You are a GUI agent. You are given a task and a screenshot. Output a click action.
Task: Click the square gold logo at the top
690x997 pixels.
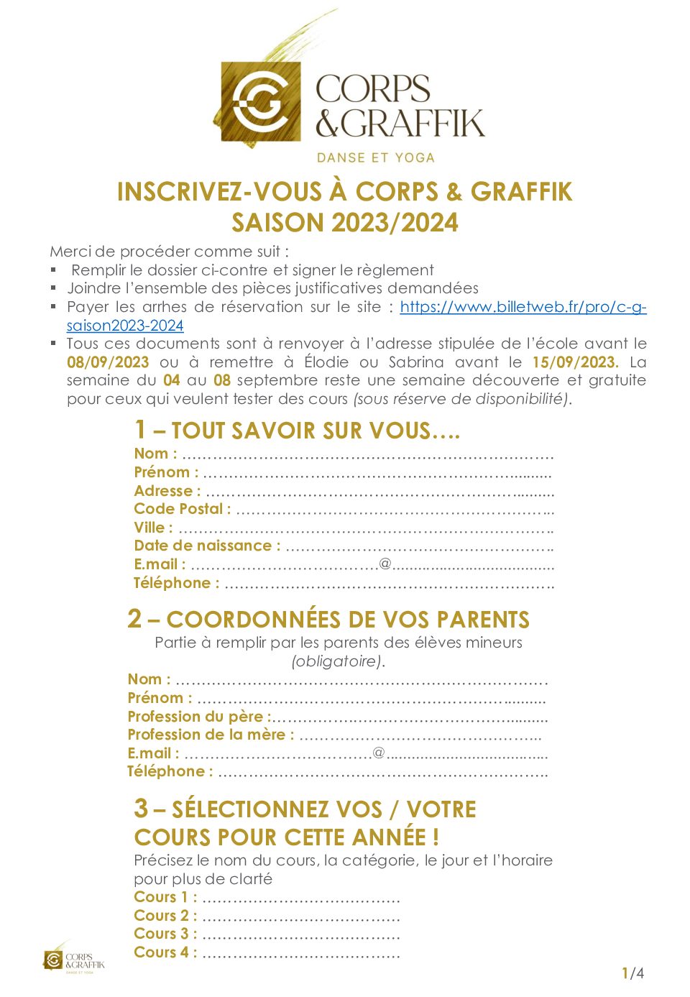click(260, 101)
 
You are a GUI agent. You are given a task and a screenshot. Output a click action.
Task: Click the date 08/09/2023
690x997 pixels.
click(108, 362)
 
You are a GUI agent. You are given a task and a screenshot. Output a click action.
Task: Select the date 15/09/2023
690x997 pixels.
click(574, 362)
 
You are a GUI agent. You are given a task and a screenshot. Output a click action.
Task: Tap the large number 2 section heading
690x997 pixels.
click(134, 619)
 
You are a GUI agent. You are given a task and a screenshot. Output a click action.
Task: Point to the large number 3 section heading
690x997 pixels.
click(141, 809)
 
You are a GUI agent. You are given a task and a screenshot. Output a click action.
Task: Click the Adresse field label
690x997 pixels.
click(167, 491)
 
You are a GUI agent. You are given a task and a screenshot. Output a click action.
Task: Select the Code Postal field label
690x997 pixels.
click(182, 509)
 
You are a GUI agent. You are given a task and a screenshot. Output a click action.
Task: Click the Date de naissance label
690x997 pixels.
click(207, 546)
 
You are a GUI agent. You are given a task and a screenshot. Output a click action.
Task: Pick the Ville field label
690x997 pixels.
click(153, 528)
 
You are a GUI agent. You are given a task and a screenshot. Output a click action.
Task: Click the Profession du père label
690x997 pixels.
click(198, 717)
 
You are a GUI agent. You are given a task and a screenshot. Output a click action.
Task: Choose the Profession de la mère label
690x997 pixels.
click(211, 735)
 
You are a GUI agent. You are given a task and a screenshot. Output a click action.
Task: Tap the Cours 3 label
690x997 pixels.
click(165, 934)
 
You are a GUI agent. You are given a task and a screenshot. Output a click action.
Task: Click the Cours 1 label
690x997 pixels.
click(165, 897)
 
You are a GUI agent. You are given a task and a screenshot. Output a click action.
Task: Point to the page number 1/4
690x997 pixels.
click(632, 973)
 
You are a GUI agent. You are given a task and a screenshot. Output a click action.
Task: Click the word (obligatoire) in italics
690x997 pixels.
click(338, 661)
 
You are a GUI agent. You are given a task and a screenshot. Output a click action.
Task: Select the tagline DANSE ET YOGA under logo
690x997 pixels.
click(376, 157)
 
